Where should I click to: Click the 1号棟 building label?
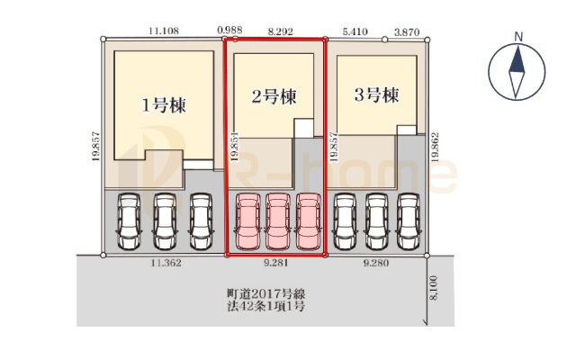coord(163,104)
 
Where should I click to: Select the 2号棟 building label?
coord(274,96)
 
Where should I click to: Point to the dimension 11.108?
coord(164,30)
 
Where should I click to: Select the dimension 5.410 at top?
coord(355,30)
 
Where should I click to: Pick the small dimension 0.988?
coord(232,30)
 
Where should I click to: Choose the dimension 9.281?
coord(274,264)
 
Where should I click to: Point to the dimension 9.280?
coord(376,264)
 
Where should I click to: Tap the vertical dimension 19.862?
coord(435,146)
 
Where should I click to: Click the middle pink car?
coord(276,221)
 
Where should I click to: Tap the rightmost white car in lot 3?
coord(409,221)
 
